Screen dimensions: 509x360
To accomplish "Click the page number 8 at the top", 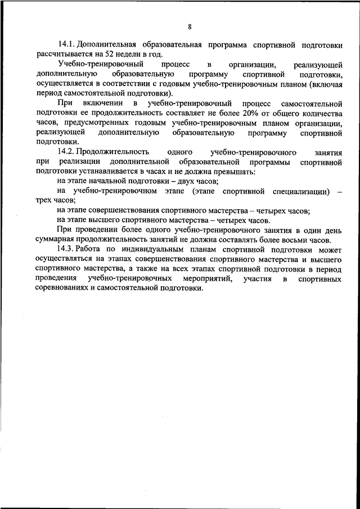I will coord(190,26).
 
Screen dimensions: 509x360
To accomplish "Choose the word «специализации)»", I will coord(299,191).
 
